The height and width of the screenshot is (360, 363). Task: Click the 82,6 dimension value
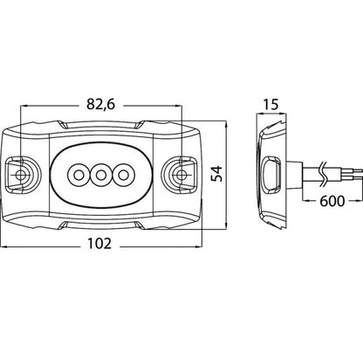coord(100,105)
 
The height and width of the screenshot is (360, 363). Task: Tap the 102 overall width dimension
coord(99,244)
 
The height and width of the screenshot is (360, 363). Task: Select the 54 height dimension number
coord(216,174)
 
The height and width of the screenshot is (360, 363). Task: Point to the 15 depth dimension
coord(271,105)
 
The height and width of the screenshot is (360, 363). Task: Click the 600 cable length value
coord(332,201)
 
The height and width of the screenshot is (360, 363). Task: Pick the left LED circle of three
coord(78,176)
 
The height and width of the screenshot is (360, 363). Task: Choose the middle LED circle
coord(100,176)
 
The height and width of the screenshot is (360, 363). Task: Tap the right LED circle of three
coord(123,176)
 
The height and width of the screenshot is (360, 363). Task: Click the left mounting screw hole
coord(20,175)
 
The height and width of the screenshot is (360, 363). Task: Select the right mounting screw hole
coord(181,175)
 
